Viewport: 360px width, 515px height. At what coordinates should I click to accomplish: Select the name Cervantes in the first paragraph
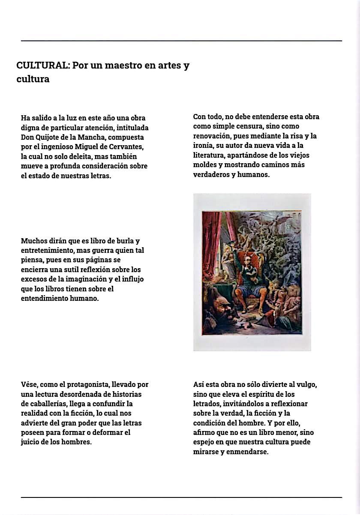pos(125,147)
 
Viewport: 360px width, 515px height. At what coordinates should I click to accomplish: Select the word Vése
pos(30,385)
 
